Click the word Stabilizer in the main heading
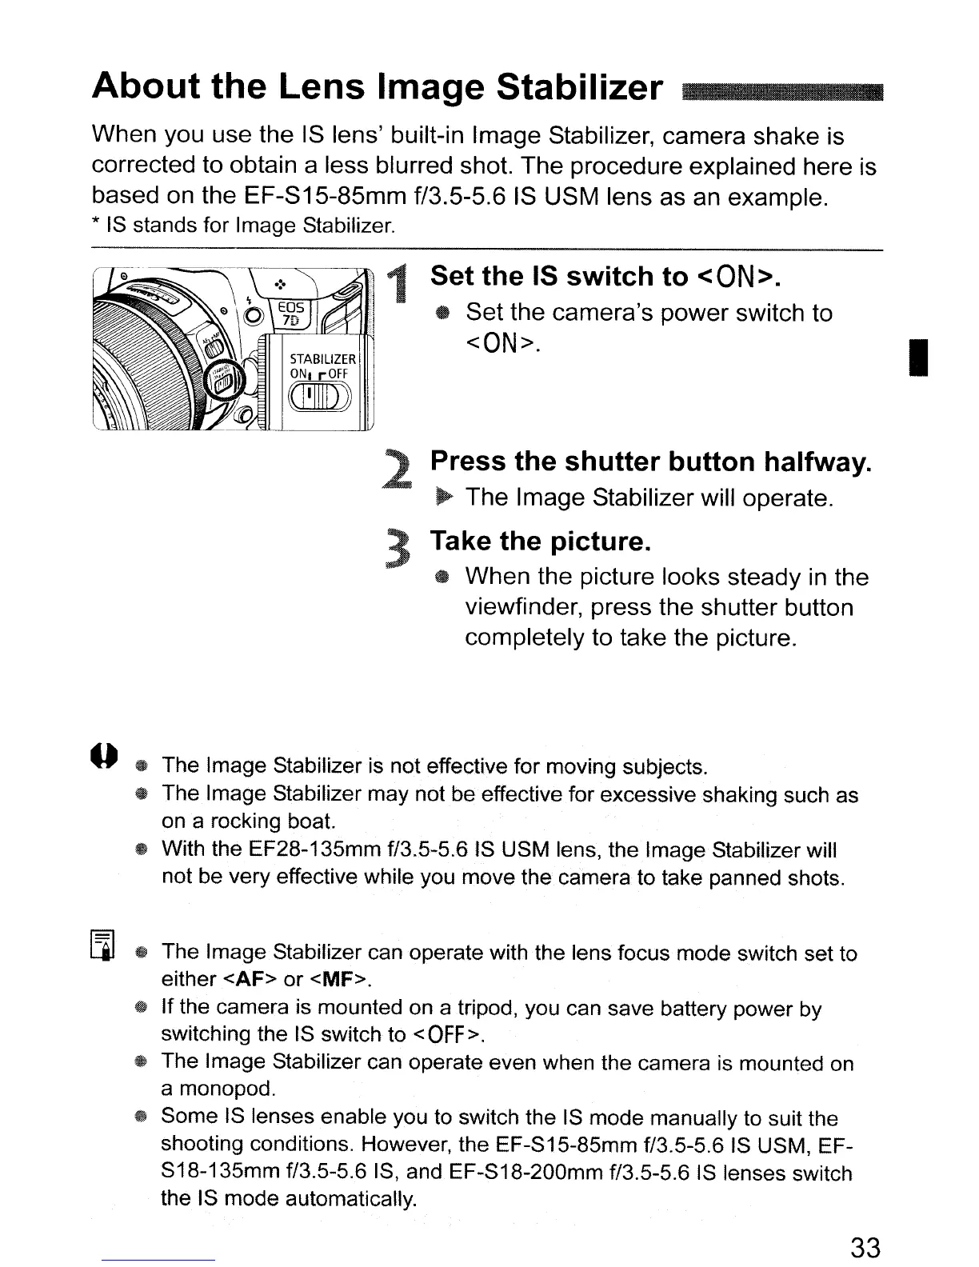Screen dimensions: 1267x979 (579, 86)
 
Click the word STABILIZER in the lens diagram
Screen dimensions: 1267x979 (318, 358)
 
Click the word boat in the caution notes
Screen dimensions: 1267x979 (314, 821)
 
